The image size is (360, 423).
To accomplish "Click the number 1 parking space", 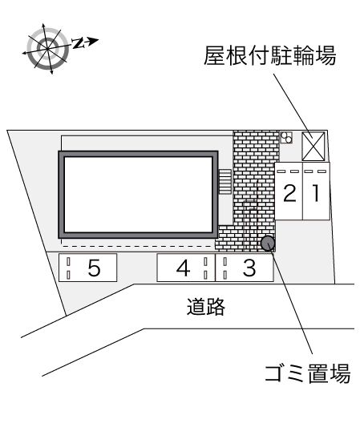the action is pyautogui.click(x=316, y=191).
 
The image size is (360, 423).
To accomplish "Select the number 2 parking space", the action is pyautogui.click(x=289, y=191).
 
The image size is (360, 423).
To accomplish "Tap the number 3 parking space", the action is pyautogui.click(x=245, y=268).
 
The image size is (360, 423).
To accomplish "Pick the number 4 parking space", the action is pyautogui.click(x=186, y=268).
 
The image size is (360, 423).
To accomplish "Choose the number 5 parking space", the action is pyautogui.click(x=87, y=268).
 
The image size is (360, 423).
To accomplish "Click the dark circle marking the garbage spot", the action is pyautogui.click(x=268, y=243).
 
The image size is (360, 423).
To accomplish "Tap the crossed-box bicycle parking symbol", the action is pyautogui.click(x=313, y=147).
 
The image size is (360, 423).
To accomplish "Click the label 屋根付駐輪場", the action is pyautogui.click(x=269, y=56).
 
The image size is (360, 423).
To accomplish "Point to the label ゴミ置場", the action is pyautogui.click(x=308, y=373).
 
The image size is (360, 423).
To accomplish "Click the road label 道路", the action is pyautogui.click(x=206, y=307).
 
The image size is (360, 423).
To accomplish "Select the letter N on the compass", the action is pyautogui.click(x=78, y=43).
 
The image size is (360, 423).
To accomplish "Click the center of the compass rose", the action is pyautogui.click(x=47, y=49).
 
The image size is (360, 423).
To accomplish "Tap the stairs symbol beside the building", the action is pyautogui.click(x=224, y=182).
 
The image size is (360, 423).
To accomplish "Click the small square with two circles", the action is pyautogui.click(x=286, y=137).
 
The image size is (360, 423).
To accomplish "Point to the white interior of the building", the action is pyautogui.click(x=138, y=194).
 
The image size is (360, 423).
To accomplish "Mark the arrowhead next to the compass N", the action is pyautogui.click(x=93, y=41).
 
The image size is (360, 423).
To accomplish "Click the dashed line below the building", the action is pyautogui.click(x=136, y=246).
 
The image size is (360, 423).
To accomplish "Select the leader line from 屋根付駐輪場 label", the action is pyautogui.click(x=293, y=106).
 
